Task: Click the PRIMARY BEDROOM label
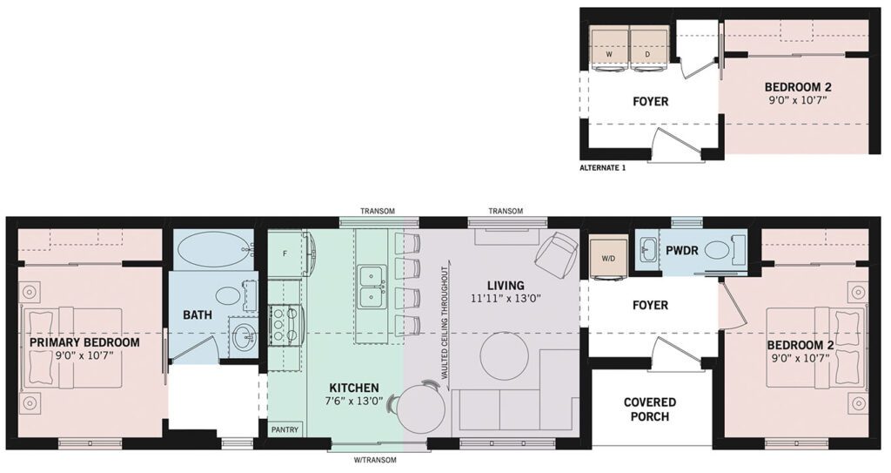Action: [84, 342]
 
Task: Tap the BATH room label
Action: [198, 314]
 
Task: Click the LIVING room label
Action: [506, 285]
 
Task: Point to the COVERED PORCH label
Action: [649, 409]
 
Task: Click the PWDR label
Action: [682, 249]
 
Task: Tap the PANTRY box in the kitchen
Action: [285, 429]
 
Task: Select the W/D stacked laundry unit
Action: [608, 258]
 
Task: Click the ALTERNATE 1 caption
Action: [602, 168]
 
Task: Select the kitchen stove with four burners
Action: [285, 326]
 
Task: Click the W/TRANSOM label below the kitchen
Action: [375, 460]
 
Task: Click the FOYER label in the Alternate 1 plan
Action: [651, 101]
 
